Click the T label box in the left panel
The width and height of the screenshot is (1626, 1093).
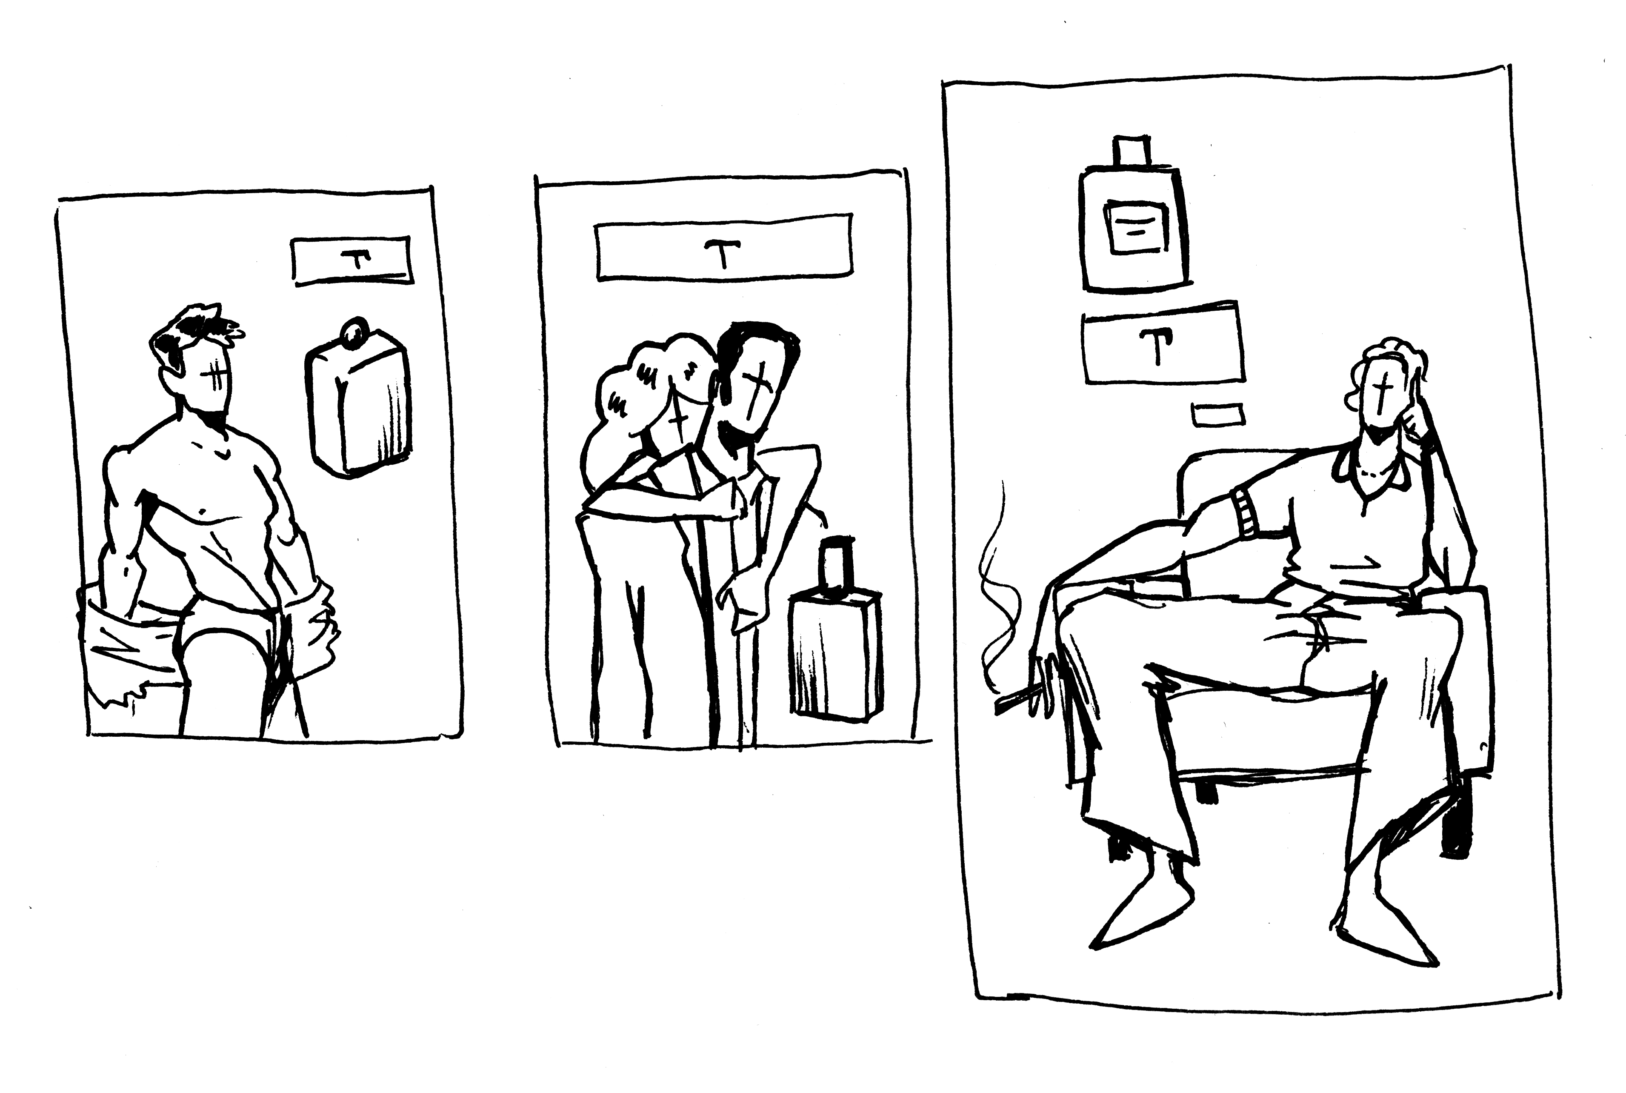pyautogui.click(x=352, y=261)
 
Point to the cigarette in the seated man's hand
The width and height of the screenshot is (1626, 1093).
pyautogui.click(x=1019, y=701)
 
